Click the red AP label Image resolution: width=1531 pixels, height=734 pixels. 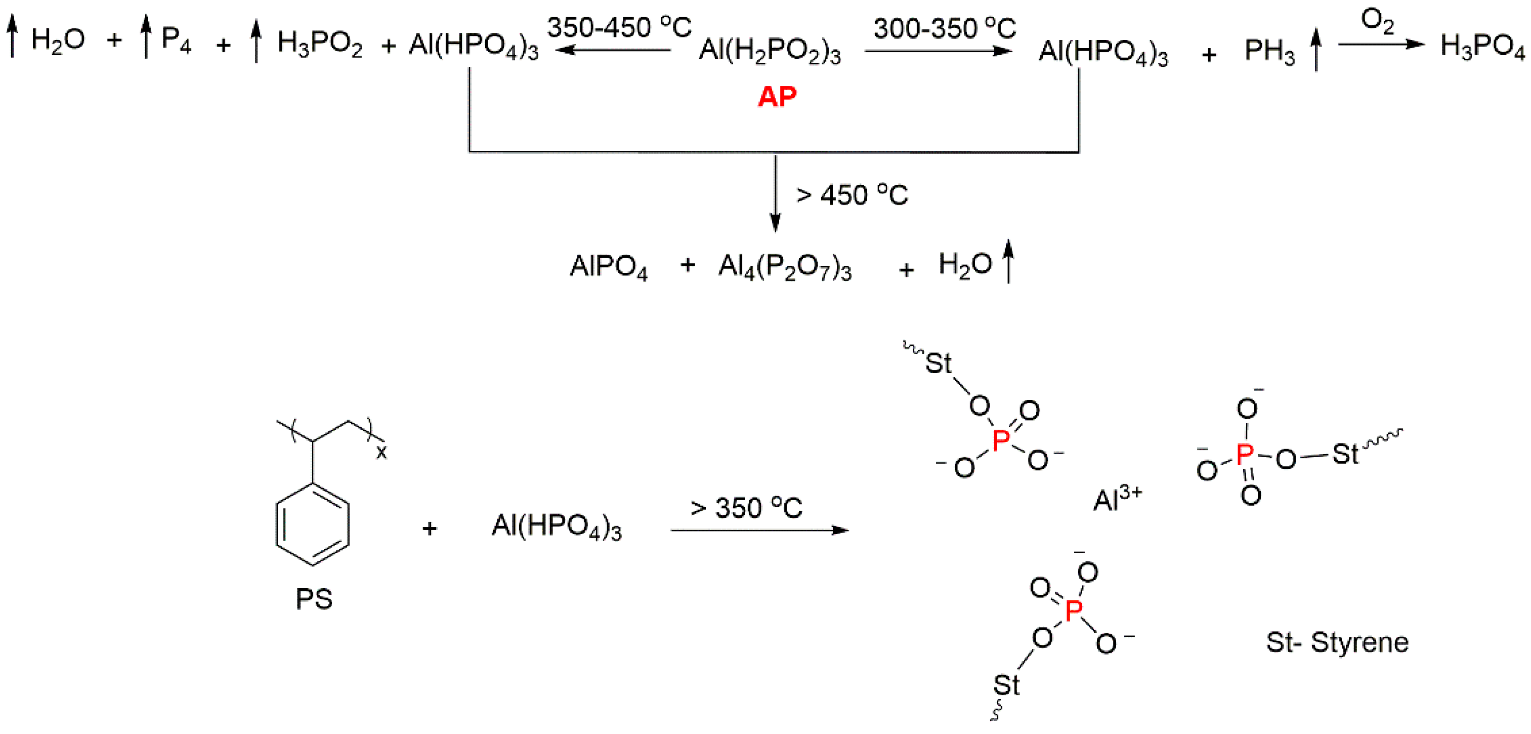[777, 97]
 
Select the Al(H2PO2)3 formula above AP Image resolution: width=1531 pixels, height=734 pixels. [770, 51]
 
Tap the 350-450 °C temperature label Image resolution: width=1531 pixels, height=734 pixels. [619, 27]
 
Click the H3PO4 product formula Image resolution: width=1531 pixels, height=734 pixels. [1482, 46]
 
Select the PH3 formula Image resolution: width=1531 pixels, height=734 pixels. [1269, 52]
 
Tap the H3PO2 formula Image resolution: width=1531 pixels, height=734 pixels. [320, 44]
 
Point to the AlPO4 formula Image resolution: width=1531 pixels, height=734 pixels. [609, 267]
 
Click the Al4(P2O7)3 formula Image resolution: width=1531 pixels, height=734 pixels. [785, 267]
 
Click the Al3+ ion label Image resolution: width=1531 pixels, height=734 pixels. [1118, 498]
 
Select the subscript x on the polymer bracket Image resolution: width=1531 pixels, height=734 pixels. [382, 453]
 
